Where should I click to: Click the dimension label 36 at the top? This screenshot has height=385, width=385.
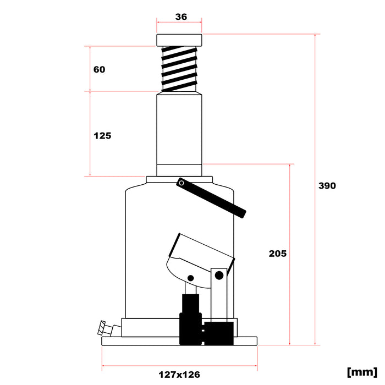coord(180,17)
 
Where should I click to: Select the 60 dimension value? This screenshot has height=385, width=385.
coord(99,69)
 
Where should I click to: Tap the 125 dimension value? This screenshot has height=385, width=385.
coord(102,135)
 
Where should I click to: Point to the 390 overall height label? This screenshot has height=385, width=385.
coord(327,186)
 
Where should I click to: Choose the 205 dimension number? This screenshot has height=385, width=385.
coord(278,254)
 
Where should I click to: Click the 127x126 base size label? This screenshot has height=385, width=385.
coord(179,375)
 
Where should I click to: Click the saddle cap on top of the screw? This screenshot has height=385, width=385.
coord(179,40)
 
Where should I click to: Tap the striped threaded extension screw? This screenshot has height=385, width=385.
coord(179,69)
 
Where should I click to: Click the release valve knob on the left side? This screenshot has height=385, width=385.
coord(102,328)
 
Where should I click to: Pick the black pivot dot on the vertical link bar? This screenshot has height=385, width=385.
coord(219,274)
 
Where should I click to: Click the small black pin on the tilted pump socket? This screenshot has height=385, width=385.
coord(191,278)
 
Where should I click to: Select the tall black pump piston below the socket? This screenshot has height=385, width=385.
coord(190,308)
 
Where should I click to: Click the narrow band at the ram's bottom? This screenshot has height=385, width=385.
coord(179,170)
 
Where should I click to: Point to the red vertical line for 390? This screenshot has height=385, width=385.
coord(315,187)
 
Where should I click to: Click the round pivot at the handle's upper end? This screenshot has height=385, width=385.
coord(181,183)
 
